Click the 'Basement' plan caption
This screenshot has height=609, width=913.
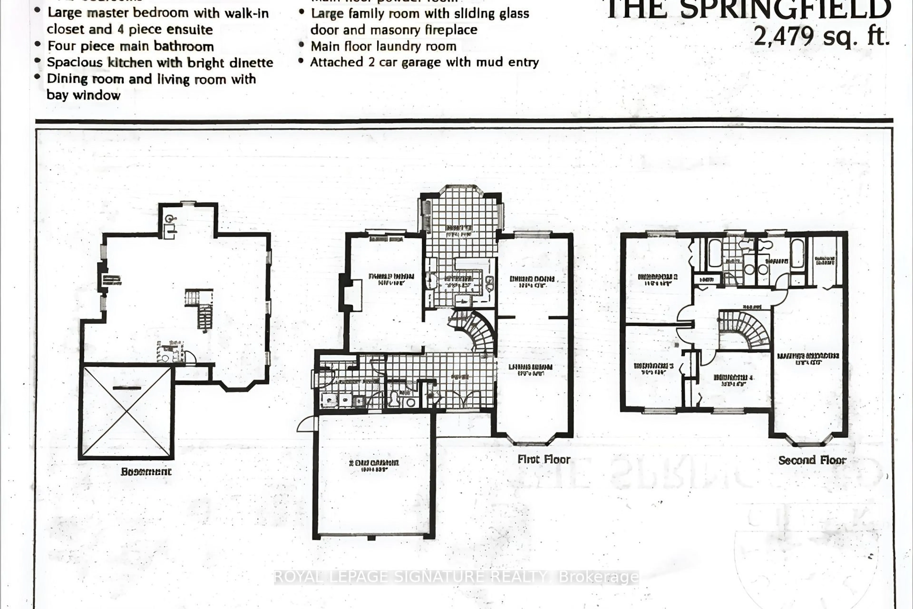(146, 472)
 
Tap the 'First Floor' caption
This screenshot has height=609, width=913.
(544, 459)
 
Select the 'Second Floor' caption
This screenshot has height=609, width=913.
(812, 460)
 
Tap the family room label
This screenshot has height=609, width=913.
(390, 279)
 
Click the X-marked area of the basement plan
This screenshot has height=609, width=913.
(126, 412)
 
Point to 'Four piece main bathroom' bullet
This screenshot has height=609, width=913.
(131, 46)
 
